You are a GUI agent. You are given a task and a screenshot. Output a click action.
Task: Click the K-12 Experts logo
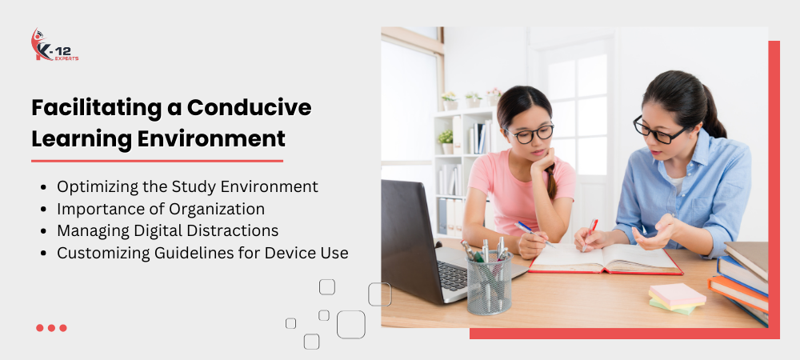(x=54, y=45)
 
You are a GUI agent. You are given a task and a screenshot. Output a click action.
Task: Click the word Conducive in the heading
(x=249, y=107)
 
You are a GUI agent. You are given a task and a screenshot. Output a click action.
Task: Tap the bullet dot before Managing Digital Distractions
(x=43, y=231)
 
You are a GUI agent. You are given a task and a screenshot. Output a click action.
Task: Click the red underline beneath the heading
(x=157, y=161)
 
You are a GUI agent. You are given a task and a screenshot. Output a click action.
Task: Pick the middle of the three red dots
(x=51, y=328)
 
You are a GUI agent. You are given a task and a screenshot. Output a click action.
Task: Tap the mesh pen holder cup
(x=489, y=282)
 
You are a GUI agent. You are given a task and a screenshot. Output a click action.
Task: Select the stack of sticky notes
(x=677, y=297)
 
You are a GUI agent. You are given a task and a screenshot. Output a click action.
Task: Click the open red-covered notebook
(x=606, y=258)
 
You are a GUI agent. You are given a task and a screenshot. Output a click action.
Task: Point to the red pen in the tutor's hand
(x=590, y=234)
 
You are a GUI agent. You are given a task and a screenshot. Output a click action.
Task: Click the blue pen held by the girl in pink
(x=534, y=234)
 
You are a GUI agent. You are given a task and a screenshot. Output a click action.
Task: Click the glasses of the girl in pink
(x=529, y=134)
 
